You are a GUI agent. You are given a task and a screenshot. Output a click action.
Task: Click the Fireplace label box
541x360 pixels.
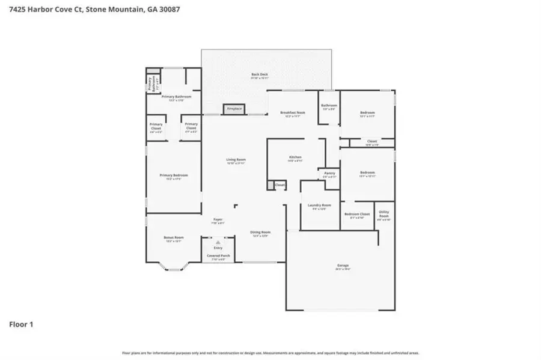pos(233,109)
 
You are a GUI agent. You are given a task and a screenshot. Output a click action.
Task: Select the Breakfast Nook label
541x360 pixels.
pos(293,113)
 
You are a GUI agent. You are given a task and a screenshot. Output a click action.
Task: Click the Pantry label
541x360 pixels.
pos(329,175)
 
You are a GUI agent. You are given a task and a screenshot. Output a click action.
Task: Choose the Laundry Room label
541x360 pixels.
pos(319,206)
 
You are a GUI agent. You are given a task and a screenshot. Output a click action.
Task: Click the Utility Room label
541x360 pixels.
pos(384,216)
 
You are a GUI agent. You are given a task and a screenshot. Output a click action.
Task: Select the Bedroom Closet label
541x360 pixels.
pos(356,215)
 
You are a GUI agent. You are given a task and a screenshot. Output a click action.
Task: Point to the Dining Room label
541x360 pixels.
pos(261,232)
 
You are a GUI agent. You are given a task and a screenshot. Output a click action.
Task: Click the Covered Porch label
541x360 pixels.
pos(218,256)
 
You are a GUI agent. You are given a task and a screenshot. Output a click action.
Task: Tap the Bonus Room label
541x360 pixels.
pos(173,238)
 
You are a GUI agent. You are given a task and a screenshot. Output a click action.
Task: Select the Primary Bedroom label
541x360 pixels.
pos(173,175)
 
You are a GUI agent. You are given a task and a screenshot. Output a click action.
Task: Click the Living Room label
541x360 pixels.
pos(236,160)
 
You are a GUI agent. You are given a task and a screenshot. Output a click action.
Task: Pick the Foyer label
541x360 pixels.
pos(218,220)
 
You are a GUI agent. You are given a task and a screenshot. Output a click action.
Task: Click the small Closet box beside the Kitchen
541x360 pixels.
pos(280,185)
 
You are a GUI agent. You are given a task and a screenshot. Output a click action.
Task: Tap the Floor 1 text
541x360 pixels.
pos(21,325)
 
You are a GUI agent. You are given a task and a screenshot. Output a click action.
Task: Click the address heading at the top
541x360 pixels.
pos(90,10)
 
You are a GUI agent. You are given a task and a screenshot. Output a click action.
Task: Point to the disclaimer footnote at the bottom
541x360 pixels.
pos(270,353)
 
